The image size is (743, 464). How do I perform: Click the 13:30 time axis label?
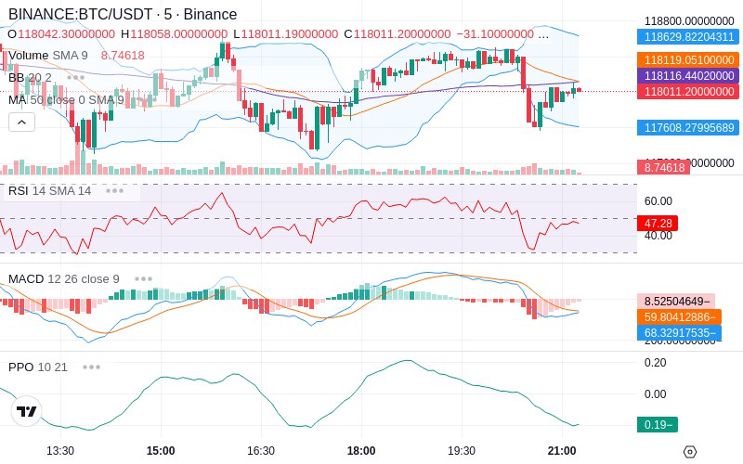point(60,451)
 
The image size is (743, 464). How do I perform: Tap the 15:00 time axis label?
point(161,451)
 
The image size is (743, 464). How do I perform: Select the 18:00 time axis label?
point(361,451)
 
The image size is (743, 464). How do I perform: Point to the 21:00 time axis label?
point(562,451)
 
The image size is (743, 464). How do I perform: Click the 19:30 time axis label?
point(462,451)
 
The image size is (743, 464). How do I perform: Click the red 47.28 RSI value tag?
point(657,223)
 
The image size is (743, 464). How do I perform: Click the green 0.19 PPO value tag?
point(657,425)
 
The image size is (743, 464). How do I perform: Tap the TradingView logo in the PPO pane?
point(27,411)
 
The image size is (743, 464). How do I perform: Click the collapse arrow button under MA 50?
point(21,122)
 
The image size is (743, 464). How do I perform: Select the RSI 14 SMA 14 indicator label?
point(49,191)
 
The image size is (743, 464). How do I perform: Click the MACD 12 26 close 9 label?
point(63,278)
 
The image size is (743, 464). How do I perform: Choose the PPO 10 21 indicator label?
point(38,367)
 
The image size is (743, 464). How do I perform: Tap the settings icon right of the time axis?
point(689,452)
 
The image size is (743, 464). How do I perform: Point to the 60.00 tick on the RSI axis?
point(658,201)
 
